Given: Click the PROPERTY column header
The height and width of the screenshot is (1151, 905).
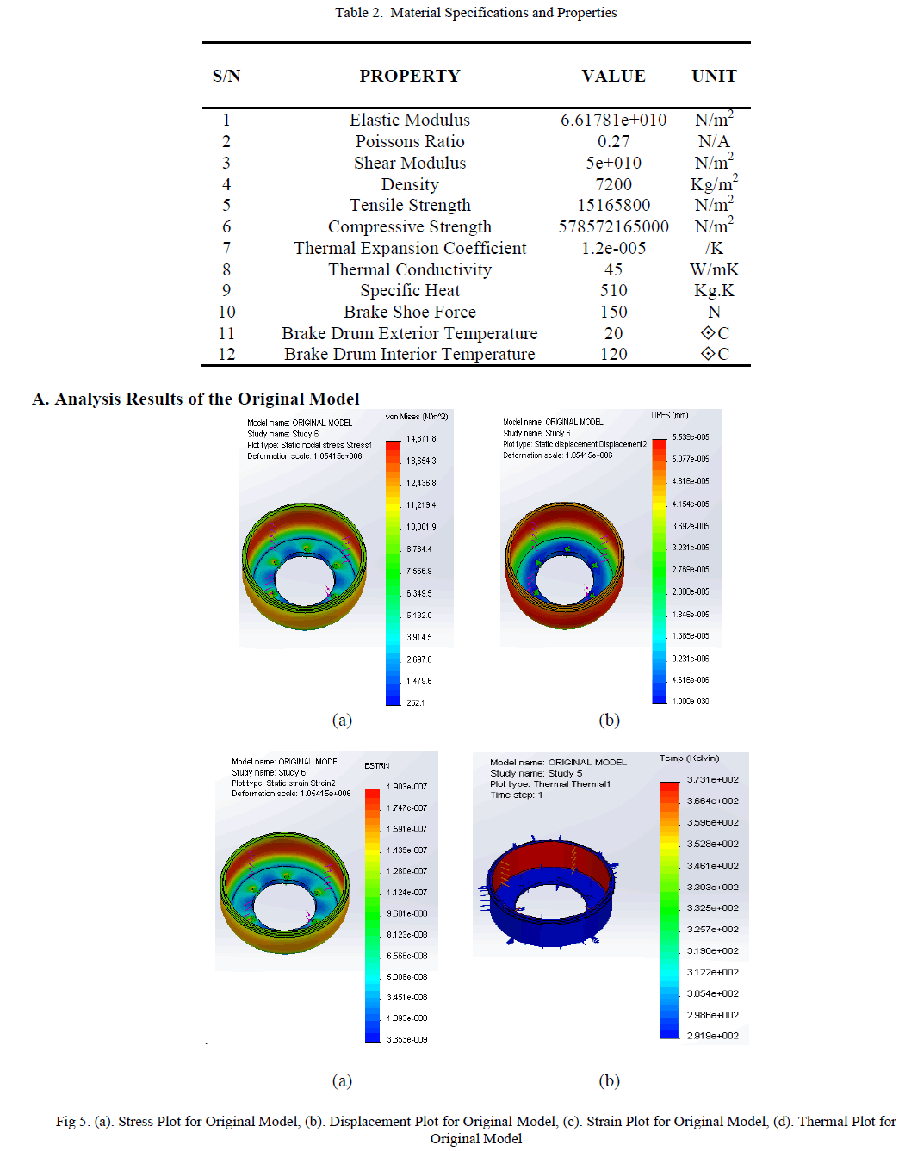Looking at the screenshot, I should tap(410, 76).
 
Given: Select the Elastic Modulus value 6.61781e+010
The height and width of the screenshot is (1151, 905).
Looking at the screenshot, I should tap(613, 120).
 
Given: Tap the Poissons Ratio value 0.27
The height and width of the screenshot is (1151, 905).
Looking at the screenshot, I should tap(613, 141).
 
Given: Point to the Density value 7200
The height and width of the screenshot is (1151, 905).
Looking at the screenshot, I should tap(613, 184).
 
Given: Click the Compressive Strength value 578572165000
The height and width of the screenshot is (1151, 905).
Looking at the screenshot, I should tap(613, 226).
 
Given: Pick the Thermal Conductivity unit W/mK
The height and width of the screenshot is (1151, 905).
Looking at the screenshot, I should tap(714, 269).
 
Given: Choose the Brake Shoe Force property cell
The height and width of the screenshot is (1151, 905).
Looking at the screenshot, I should tap(410, 312).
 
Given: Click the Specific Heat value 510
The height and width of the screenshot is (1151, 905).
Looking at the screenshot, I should tap(613, 290).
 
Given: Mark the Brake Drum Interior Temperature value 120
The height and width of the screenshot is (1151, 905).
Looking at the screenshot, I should tap(613, 354).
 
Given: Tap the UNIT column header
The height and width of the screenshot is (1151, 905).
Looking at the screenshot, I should tap(714, 76).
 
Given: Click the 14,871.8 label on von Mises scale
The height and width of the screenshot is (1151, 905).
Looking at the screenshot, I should tap(421, 439).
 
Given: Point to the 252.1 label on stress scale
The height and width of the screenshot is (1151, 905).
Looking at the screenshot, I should tap(415, 703).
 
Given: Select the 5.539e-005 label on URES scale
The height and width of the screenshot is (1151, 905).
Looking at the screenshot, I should tap(691, 437).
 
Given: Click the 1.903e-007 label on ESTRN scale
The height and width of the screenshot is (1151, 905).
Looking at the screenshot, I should tap(406, 787).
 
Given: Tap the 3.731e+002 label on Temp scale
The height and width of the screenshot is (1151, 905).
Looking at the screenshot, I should tap(712, 780).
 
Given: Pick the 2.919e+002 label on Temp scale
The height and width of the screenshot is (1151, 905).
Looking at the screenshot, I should tap(712, 1036).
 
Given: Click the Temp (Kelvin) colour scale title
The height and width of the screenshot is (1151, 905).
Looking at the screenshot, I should tap(689, 758).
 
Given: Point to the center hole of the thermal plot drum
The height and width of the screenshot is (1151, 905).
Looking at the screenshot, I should tap(549, 904).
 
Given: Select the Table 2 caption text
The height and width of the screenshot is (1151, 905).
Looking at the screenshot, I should tap(475, 13).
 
